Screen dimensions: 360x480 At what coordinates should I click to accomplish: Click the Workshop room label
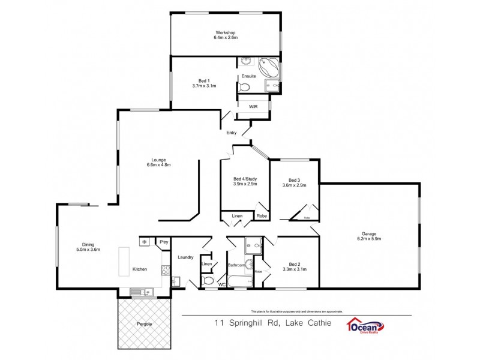click(226, 32)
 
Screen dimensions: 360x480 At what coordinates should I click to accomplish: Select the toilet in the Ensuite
click(244, 88)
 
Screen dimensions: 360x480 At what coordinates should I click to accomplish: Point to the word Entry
click(232, 133)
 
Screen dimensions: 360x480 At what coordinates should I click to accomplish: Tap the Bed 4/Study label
click(245, 179)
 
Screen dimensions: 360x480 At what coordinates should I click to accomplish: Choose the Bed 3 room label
click(293, 180)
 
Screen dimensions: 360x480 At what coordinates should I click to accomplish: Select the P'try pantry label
click(164, 242)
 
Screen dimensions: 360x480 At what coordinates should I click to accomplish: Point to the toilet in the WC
click(208, 281)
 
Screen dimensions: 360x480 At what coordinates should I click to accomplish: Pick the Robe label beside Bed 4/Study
click(262, 216)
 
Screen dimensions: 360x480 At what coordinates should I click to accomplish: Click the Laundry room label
click(185, 257)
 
